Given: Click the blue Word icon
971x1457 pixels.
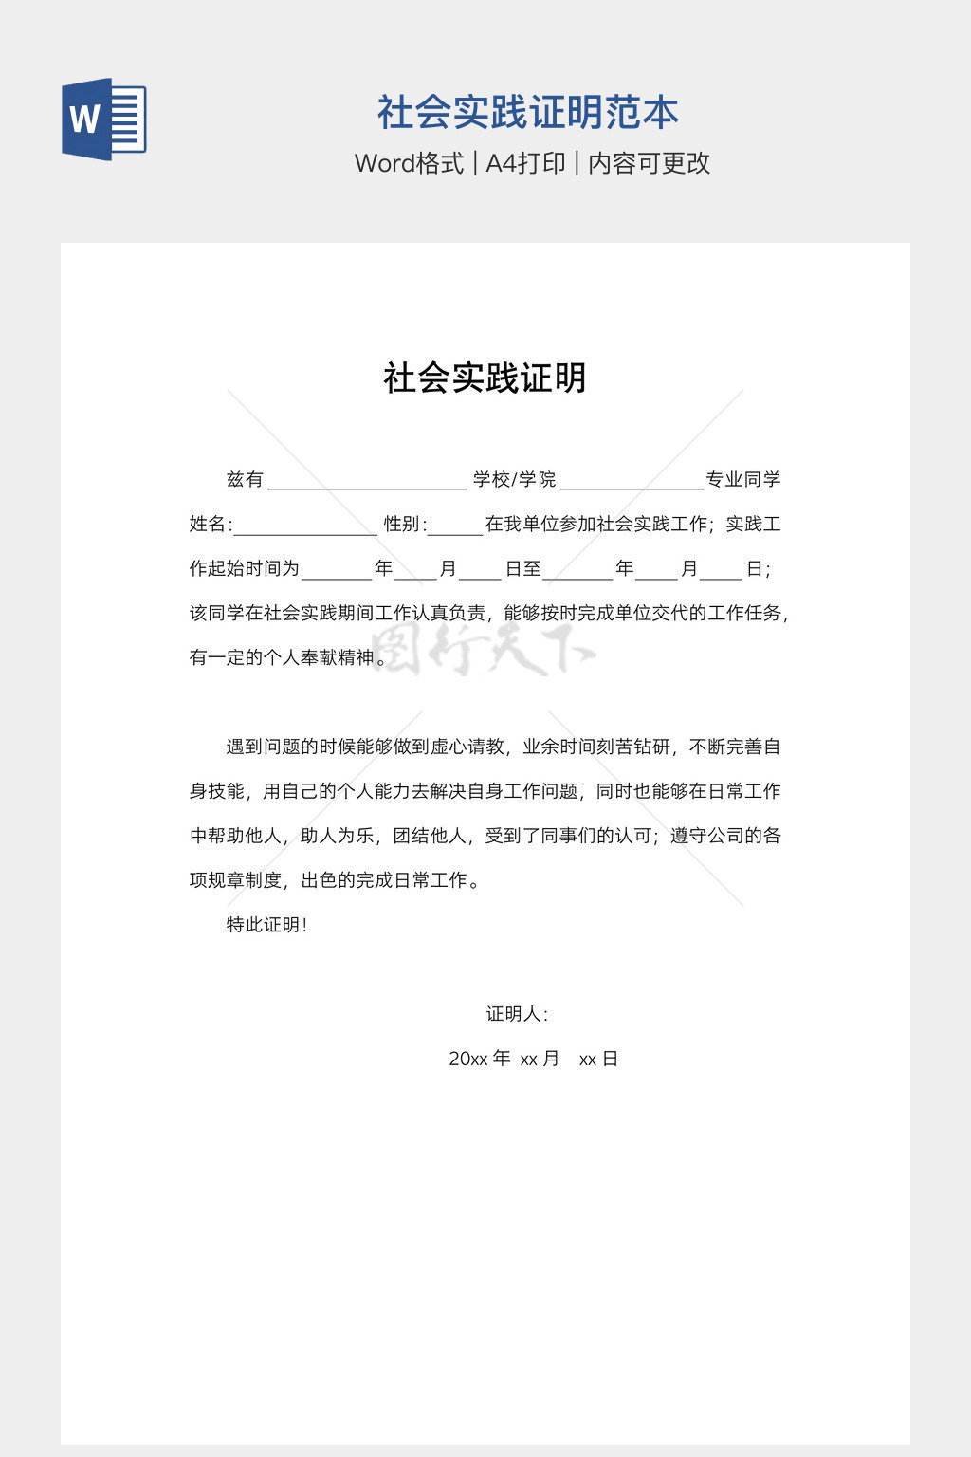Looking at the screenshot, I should [x=104, y=120].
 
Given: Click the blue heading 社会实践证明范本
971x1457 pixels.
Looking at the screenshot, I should [x=527, y=113].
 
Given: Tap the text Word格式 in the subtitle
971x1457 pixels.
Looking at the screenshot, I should [x=409, y=163].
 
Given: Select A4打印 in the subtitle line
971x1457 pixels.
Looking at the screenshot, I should [x=525, y=163].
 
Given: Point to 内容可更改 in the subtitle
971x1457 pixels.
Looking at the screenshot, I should [x=649, y=163].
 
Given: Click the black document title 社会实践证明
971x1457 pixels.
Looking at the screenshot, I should [x=485, y=378].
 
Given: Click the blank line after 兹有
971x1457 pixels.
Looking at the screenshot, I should [x=367, y=481].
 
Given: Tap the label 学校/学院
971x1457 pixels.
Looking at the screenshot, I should [x=514, y=480].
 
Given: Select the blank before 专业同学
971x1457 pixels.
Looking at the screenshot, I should [x=632, y=481].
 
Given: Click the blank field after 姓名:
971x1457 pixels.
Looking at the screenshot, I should [x=305, y=526].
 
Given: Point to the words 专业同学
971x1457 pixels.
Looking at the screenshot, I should [x=743, y=480].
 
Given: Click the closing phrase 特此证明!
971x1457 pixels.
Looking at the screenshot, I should [x=266, y=925].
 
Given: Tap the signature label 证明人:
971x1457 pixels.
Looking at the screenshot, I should [x=517, y=1014].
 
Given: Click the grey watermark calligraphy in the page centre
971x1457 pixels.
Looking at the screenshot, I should [x=485, y=651].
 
